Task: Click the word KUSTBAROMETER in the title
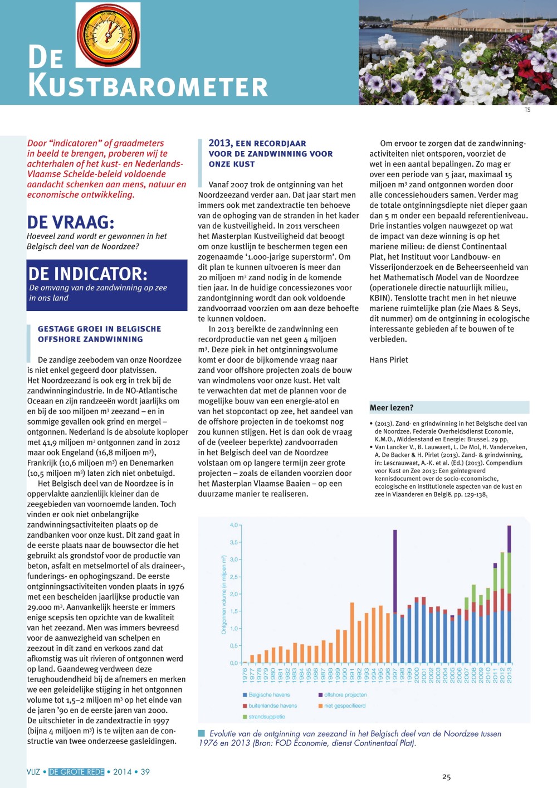coord(148,86)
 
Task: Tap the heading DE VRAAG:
coord(71,222)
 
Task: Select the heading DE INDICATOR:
coord(88,274)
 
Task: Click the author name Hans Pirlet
coord(389,359)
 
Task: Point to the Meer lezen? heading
coord(392,407)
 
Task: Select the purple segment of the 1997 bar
coord(395,571)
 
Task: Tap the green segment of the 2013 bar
coord(509,573)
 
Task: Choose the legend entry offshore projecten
coord(345,695)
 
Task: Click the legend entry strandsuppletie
coord(266,717)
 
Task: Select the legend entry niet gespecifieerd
coord(344,706)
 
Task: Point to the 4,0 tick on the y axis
coord(234,525)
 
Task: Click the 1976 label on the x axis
coord(245,675)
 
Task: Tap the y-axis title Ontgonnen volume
coord(224,594)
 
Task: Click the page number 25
coord(446,777)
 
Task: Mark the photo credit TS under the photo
coord(527,110)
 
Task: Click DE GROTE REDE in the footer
coord(76,772)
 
